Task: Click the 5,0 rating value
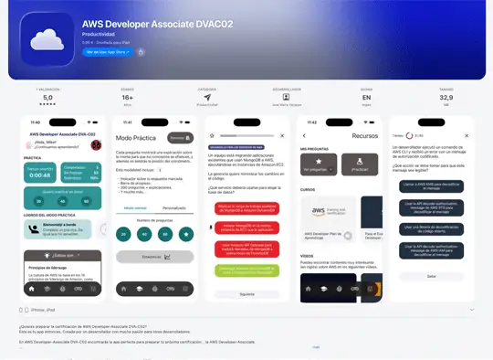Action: [47, 96]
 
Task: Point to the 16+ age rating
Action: [127, 96]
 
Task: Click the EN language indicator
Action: [366, 96]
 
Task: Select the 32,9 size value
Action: [446, 96]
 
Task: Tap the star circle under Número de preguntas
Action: [186, 234]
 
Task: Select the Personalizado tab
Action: [173, 208]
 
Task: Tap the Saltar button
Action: [431, 275]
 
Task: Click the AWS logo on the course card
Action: [320, 212]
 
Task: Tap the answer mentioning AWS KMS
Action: [431, 185]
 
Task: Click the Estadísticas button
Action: [153, 258]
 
